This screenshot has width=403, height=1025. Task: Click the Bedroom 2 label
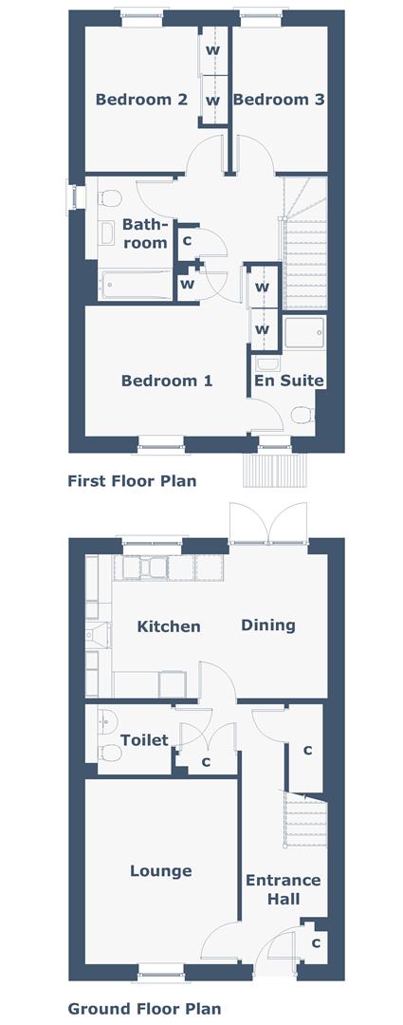[140, 100]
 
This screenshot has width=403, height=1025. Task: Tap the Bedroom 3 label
[271, 100]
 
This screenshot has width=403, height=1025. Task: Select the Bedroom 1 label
[167, 381]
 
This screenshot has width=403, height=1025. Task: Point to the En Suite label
[288, 381]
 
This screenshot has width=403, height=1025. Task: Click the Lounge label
[160, 870]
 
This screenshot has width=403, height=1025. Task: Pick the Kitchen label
[169, 626]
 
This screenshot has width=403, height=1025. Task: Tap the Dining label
[267, 625]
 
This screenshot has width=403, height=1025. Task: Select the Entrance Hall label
[283, 889]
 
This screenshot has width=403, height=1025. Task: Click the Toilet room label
[144, 739]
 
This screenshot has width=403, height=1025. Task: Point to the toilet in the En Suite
[302, 414]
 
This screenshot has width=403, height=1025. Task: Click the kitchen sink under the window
[152, 567]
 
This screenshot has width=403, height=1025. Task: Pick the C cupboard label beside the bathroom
[187, 241]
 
